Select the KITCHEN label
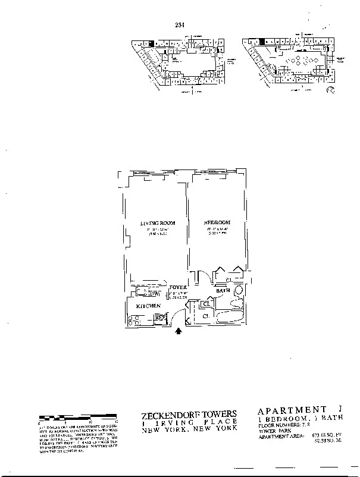coord(149,305)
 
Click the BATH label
coord(223,291)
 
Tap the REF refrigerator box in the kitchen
coord(159,318)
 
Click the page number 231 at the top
coord(181,24)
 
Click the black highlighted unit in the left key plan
coord(151,43)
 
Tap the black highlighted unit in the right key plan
coord(262,42)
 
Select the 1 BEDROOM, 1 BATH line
coord(293,419)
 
